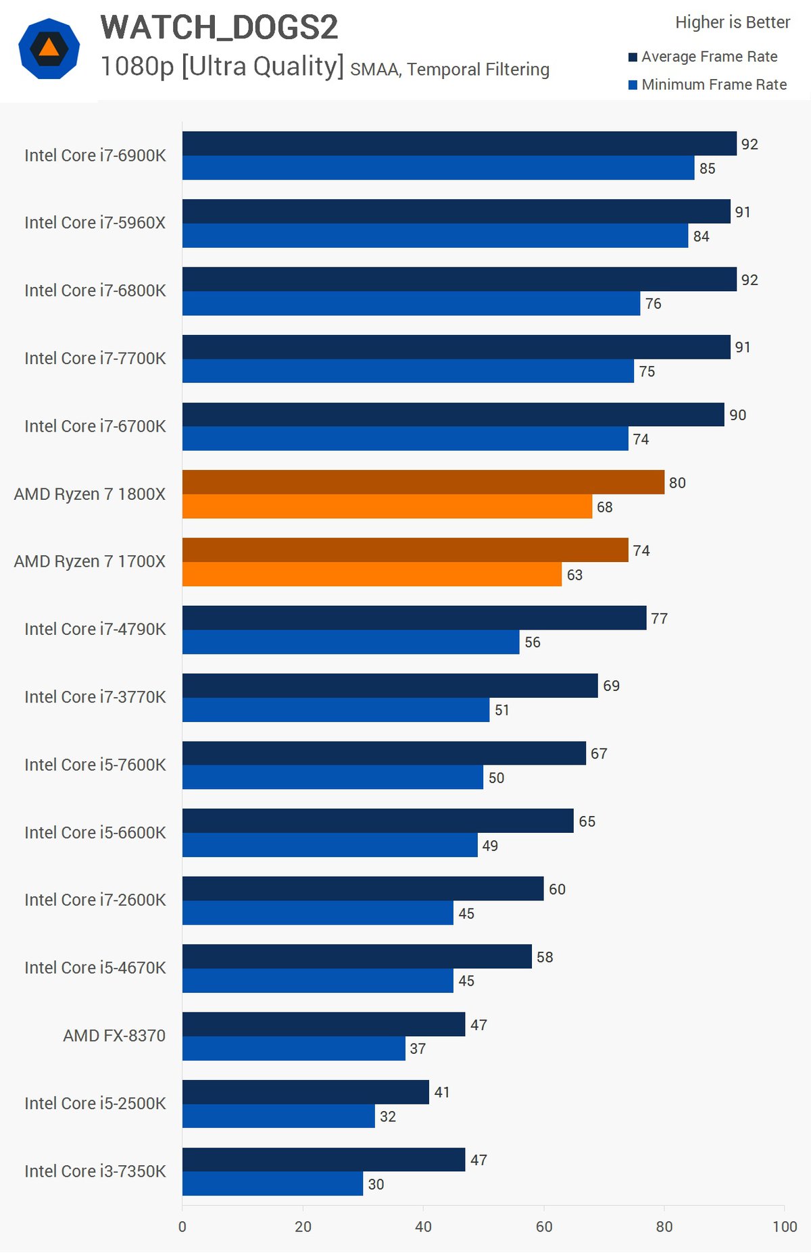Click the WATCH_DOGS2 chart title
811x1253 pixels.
click(x=219, y=28)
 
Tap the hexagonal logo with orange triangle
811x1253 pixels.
click(x=49, y=49)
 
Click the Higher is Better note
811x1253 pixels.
click(x=733, y=22)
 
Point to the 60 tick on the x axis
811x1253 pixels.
click(x=544, y=1227)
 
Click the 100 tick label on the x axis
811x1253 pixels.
click(x=785, y=1227)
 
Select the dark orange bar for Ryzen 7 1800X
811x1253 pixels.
click(x=423, y=482)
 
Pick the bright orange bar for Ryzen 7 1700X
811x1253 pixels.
click(x=372, y=574)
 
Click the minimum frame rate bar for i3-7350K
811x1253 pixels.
click(x=272, y=1183)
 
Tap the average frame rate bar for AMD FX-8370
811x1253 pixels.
click(x=324, y=1024)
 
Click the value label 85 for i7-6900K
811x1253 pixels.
click(x=707, y=168)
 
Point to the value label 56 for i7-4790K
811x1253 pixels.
click(x=533, y=642)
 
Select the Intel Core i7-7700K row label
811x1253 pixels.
click(x=95, y=358)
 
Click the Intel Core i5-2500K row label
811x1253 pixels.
click(x=95, y=1103)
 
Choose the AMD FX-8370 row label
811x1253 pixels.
click(x=114, y=1035)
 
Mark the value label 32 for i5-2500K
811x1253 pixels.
click(x=388, y=1117)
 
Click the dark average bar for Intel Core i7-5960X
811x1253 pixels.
click(x=456, y=211)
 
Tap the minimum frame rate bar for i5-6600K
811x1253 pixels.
click(x=330, y=845)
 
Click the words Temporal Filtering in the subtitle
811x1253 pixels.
click(x=478, y=70)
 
